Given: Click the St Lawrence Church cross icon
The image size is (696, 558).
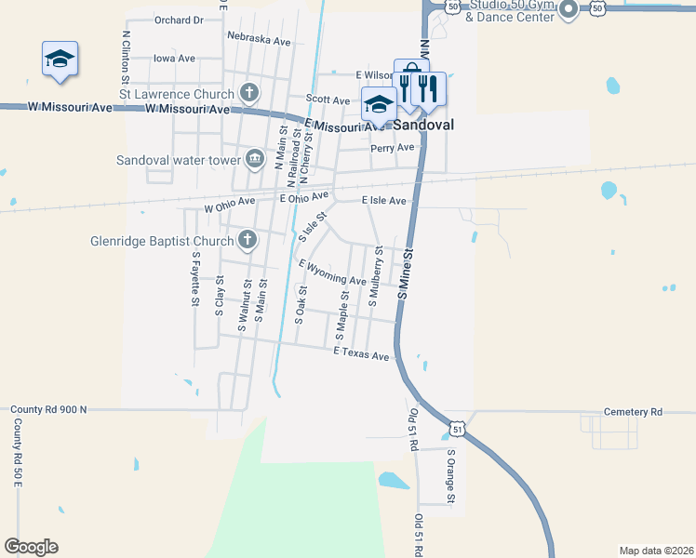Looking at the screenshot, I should click(x=248, y=93).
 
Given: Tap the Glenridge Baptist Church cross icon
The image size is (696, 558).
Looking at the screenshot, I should click(x=248, y=241).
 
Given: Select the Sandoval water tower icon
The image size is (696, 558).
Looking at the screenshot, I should click(x=254, y=160).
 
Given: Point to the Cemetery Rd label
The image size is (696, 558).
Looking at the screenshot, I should click(x=632, y=412).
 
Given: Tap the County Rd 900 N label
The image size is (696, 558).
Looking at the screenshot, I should click(x=47, y=409).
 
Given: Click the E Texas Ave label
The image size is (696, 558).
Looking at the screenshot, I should click(x=361, y=355).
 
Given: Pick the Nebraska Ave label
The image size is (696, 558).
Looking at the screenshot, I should click(x=258, y=41).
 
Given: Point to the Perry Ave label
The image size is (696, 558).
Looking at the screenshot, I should click(x=392, y=148).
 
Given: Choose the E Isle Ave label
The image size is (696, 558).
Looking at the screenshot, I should click(x=383, y=201).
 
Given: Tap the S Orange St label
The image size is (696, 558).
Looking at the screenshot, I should click(x=450, y=477).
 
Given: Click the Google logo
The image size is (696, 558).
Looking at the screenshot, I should click(x=31, y=547).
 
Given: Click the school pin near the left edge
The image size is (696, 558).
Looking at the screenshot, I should click(x=60, y=60).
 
